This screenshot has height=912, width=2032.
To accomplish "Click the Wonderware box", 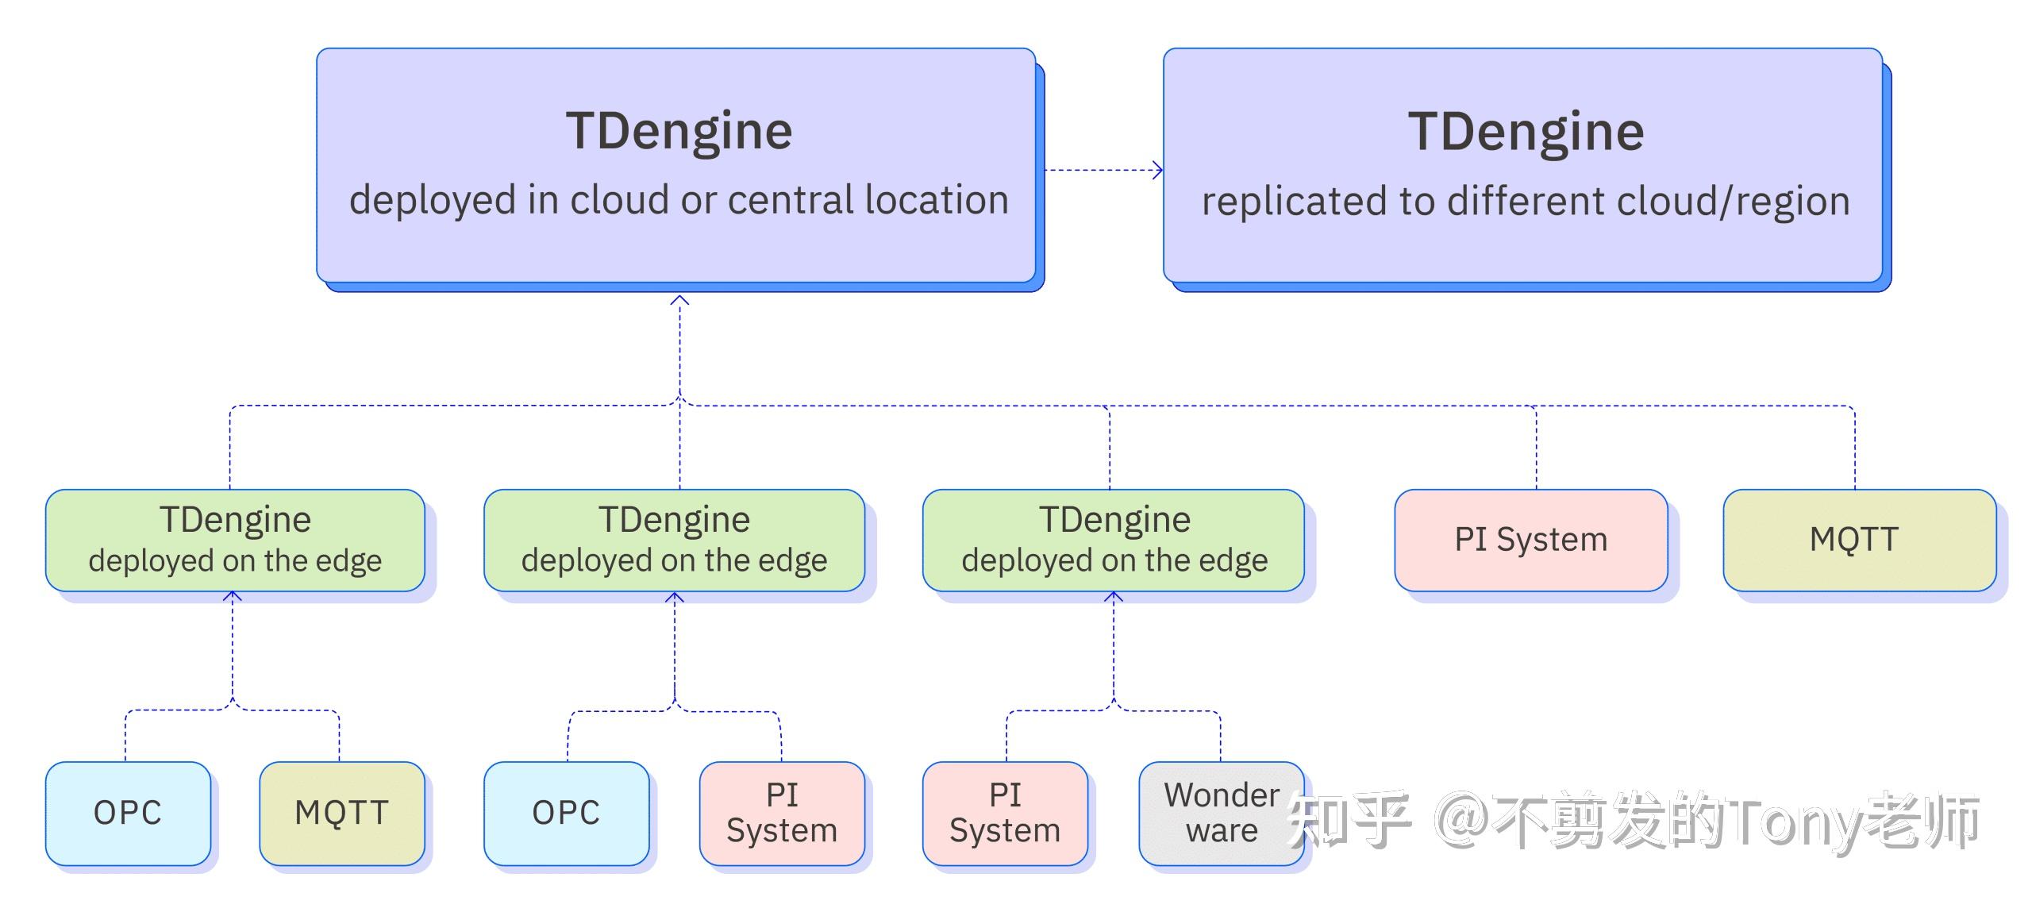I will pos(1221,813).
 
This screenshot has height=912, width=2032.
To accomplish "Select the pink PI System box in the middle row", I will pos(1530,540).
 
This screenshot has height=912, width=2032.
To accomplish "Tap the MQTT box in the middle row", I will pos(1859,540).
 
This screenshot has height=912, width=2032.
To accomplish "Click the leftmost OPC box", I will pos(128,813).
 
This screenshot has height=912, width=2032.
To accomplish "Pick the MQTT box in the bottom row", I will pos(341,813).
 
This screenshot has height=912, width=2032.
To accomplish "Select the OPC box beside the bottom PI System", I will pos(566,813).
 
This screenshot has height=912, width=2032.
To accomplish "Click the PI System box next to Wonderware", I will pos(1005,813).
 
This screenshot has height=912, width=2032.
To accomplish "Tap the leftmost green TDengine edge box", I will pos(235,540).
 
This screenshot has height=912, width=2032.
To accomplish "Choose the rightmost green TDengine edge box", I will pos(1113,540).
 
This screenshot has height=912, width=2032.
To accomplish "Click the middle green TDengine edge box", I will pos(674,540).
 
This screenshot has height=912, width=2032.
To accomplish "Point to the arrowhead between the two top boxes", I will pos(1158,170).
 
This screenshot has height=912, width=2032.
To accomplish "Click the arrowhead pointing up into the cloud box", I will pos(679,301).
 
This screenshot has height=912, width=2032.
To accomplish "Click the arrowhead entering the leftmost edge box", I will pos(233,595).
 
